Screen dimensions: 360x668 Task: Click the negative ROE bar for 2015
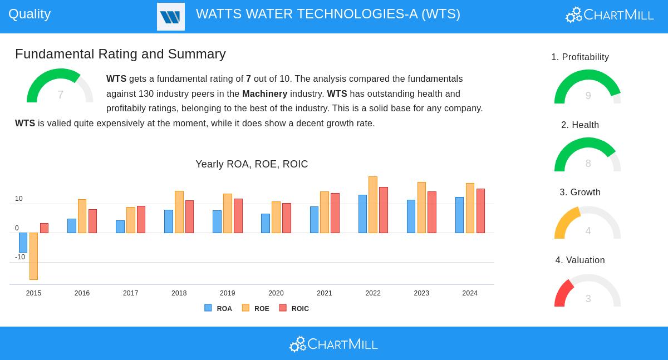click(x=33, y=256)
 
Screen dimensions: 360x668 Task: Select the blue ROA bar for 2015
click(x=23, y=243)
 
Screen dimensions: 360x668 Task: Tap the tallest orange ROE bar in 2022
click(x=373, y=205)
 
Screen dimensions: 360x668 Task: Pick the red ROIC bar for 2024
click(x=480, y=211)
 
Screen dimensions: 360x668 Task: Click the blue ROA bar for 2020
click(x=266, y=223)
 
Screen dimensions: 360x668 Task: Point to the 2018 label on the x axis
click(x=179, y=293)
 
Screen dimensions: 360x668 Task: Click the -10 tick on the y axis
click(x=20, y=257)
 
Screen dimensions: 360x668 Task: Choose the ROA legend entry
click(x=218, y=308)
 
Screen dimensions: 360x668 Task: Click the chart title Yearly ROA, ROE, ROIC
click(x=252, y=164)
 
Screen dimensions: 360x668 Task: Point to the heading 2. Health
click(x=580, y=125)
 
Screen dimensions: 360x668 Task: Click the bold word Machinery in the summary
click(x=264, y=94)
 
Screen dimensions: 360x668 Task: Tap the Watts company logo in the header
click(x=171, y=17)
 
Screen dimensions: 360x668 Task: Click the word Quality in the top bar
click(x=30, y=14)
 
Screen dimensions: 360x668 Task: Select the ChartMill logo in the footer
click(x=333, y=344)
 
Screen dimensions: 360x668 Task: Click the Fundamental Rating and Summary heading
click(x=120, y=54)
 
